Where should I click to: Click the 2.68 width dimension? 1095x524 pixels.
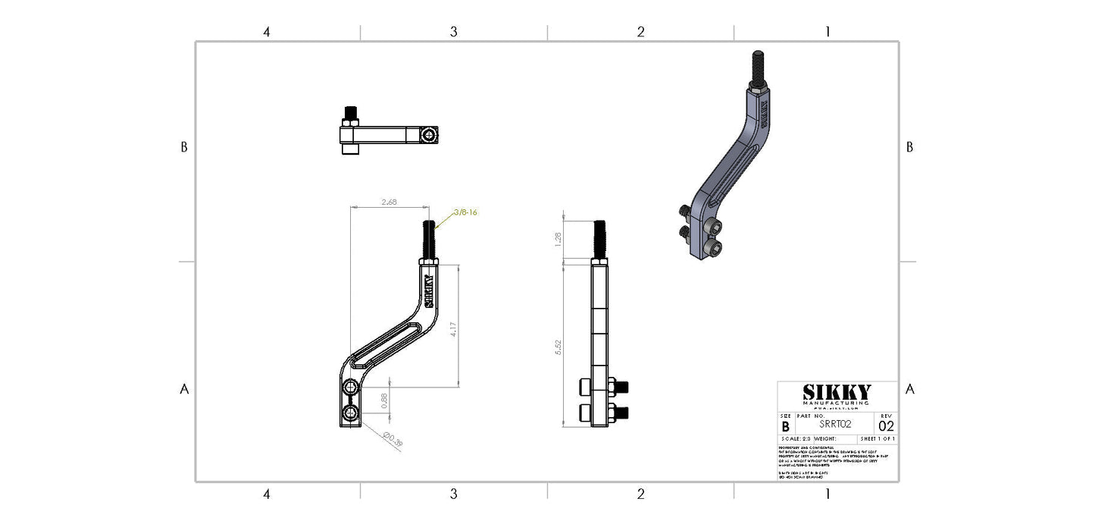389,202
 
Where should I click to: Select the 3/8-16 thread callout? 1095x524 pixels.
465,212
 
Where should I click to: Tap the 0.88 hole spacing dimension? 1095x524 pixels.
384,401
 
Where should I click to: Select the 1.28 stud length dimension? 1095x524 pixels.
559,239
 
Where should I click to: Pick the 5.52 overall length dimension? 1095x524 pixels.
559,347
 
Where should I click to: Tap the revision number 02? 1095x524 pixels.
886,426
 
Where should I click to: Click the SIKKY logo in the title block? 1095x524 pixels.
837,392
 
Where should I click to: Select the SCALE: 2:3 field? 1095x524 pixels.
795,439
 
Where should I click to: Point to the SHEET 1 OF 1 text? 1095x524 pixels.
878,439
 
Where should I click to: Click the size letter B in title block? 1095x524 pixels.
785,427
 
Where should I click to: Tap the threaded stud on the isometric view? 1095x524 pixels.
756,64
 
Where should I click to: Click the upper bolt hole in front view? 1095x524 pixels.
351,388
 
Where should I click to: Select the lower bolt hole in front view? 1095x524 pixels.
351,413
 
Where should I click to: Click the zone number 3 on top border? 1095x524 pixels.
453,32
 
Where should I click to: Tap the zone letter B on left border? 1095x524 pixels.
183,147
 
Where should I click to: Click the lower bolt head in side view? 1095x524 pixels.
585,413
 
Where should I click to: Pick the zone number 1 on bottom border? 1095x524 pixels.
828,494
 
